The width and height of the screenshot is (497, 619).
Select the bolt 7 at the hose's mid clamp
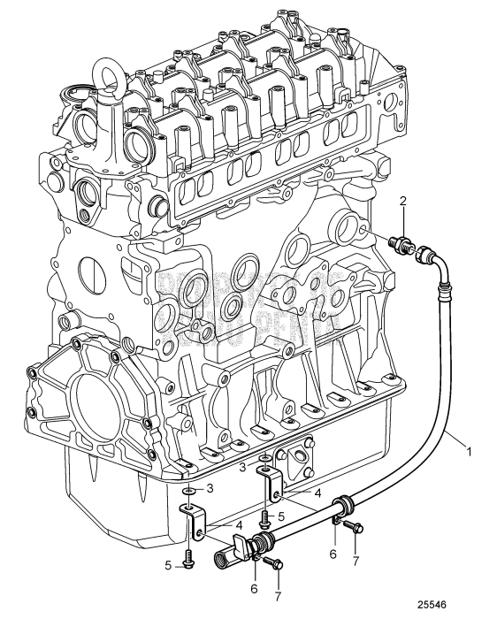(354, 528)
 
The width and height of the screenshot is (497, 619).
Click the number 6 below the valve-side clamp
(254, 587)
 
